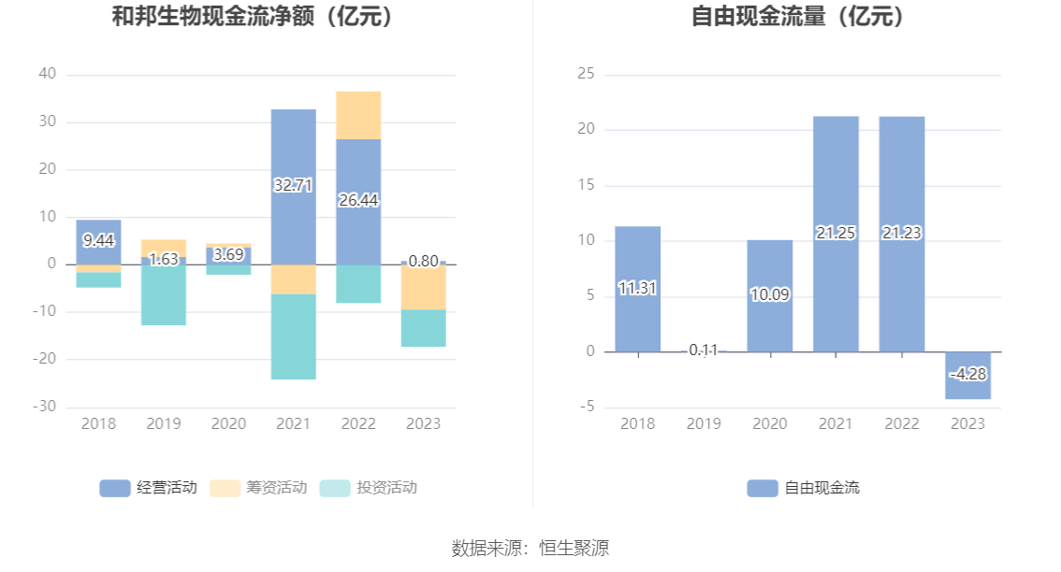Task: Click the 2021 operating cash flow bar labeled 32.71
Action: point(293,187)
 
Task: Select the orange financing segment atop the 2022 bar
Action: point(358,116)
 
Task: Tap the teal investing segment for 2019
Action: point(164,294)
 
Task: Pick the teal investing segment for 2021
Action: point(293,336)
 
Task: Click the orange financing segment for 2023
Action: point(424,287)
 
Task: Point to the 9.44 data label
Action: point(99,241)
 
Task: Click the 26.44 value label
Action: point(358,200)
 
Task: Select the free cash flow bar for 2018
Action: point(637,290)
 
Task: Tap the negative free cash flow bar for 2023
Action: point(967,375)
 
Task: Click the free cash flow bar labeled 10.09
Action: point(770,296)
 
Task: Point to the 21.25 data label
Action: point(836,234)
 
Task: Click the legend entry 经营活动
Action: point(148,488)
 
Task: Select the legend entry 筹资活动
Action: point(258,488)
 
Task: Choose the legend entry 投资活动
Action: point(368,488)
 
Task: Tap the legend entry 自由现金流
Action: point(803,488)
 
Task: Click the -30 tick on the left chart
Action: point(45,407)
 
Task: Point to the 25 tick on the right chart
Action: point(586,74)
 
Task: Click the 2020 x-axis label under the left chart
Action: point(228,424)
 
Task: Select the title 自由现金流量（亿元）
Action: point(798,16)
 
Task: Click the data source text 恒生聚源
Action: point(574,548)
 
